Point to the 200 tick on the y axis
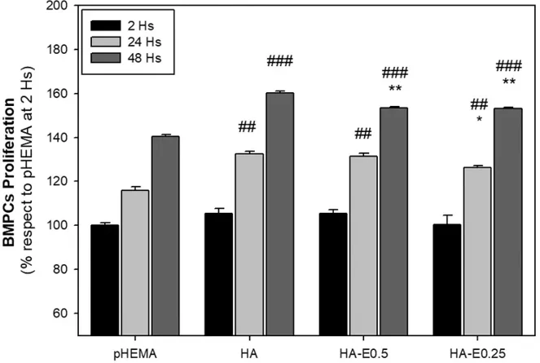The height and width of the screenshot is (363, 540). pos(67,6)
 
